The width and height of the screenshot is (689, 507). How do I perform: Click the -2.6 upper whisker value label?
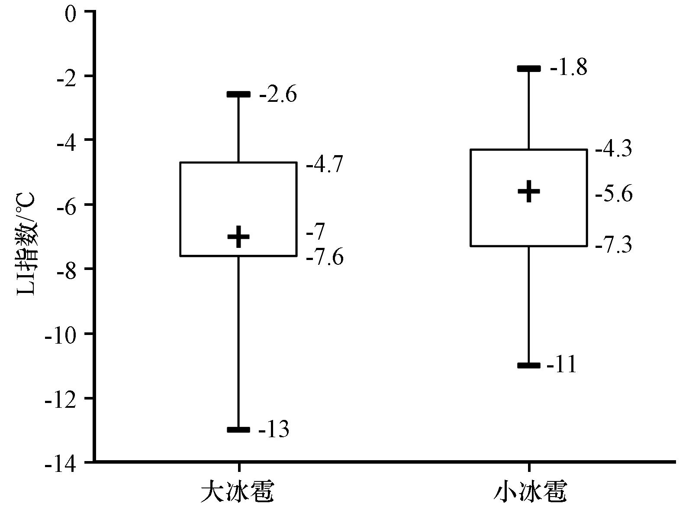click(278, 94)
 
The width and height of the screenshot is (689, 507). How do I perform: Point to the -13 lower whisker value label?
click(274, 429)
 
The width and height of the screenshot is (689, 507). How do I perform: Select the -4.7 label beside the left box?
click(325, 165)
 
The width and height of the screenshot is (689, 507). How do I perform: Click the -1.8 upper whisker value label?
click(569, 68)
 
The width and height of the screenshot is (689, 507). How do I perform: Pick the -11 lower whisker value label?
click(561, 365)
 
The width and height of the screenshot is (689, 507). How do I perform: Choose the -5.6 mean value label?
click(614, 194)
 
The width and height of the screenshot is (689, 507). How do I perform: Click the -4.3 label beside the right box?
click(614, 149)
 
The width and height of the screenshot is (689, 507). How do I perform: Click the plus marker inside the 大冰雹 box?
click(238, 237)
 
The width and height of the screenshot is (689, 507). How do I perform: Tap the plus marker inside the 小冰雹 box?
click(529, 191)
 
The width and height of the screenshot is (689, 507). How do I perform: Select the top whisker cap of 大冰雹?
click(238, 94)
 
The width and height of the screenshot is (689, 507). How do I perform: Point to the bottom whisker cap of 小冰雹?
click(529, 365)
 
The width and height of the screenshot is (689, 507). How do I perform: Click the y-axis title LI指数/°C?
click(27, 244)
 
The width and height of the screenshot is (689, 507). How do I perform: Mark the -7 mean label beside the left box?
click(315, 231)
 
